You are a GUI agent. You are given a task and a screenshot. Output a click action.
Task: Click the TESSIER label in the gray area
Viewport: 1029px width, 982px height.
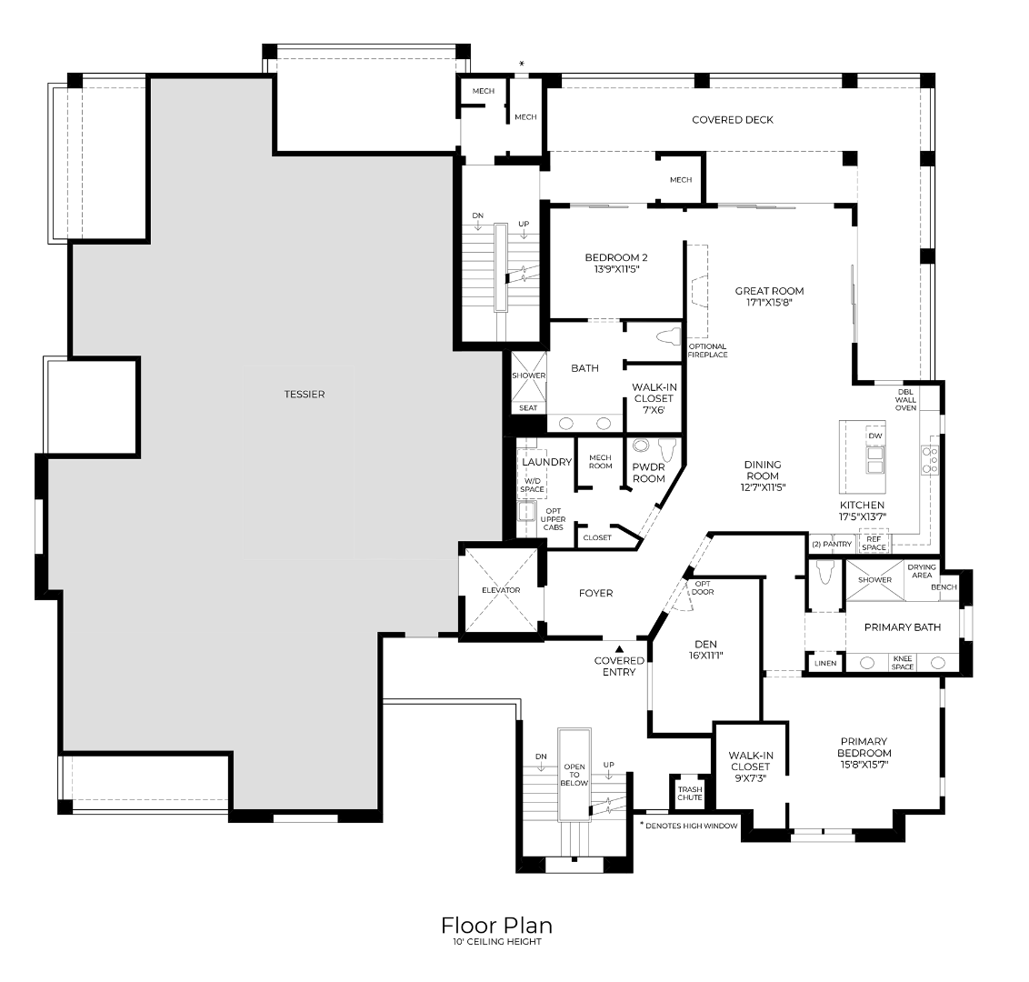point(305,395)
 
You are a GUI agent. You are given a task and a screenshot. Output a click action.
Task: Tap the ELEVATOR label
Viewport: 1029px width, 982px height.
point(501,590)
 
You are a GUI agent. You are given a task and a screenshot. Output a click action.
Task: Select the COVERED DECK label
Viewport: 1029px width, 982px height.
point(733,120)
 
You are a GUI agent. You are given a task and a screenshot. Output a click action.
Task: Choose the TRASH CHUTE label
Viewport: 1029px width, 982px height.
point(690,794)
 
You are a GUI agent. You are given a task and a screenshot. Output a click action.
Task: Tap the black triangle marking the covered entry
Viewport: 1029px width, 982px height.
point(619,649)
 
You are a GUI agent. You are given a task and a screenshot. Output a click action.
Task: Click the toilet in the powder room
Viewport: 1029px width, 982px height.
point(667,450)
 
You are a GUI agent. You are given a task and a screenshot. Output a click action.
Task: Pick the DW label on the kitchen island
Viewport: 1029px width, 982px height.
point(875,436)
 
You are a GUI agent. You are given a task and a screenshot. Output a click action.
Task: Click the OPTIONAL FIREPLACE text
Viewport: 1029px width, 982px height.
point(707,351)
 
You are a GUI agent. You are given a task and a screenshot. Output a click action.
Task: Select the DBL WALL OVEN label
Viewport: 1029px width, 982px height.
point(905,400)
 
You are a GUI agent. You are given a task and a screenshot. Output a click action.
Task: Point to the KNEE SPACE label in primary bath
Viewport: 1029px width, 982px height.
point(903,663)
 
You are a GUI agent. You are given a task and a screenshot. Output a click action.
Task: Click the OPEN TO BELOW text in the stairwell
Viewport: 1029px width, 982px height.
point(574,776)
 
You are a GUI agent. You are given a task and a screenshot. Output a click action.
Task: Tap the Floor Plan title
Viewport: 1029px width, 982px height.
point(497,926)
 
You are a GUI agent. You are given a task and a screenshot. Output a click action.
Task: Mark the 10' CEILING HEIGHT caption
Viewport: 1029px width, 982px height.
point(497,942)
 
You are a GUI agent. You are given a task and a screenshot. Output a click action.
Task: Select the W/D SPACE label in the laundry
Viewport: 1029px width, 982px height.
point(532,486)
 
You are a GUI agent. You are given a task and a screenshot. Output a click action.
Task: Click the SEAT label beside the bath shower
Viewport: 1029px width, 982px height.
point(528,408)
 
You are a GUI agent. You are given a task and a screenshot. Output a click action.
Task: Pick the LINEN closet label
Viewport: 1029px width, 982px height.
point(825,663)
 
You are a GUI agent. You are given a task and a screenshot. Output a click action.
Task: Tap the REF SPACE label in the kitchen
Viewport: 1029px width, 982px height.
point(874,544)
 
